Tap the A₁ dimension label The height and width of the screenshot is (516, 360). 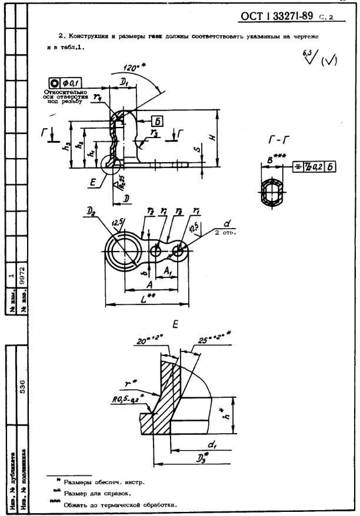[166, 271]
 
